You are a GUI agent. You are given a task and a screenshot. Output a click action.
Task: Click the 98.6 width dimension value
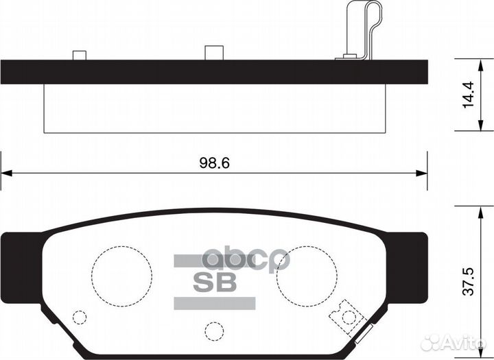tap(213, 163)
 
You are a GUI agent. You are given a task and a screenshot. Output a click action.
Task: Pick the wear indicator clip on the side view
tap(364, 31)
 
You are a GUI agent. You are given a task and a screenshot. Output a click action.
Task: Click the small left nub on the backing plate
tap(80, 56)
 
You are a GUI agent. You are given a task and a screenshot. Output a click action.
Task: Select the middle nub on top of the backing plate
tap(214, 53)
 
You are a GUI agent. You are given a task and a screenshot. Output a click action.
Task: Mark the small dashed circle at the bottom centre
tap(214, 331)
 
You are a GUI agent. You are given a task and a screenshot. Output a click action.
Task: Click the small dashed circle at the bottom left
tap(80, 317)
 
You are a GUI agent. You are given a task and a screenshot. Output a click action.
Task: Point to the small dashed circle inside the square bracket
tap(349, 317)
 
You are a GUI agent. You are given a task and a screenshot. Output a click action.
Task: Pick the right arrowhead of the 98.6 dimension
tap(423, 172)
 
